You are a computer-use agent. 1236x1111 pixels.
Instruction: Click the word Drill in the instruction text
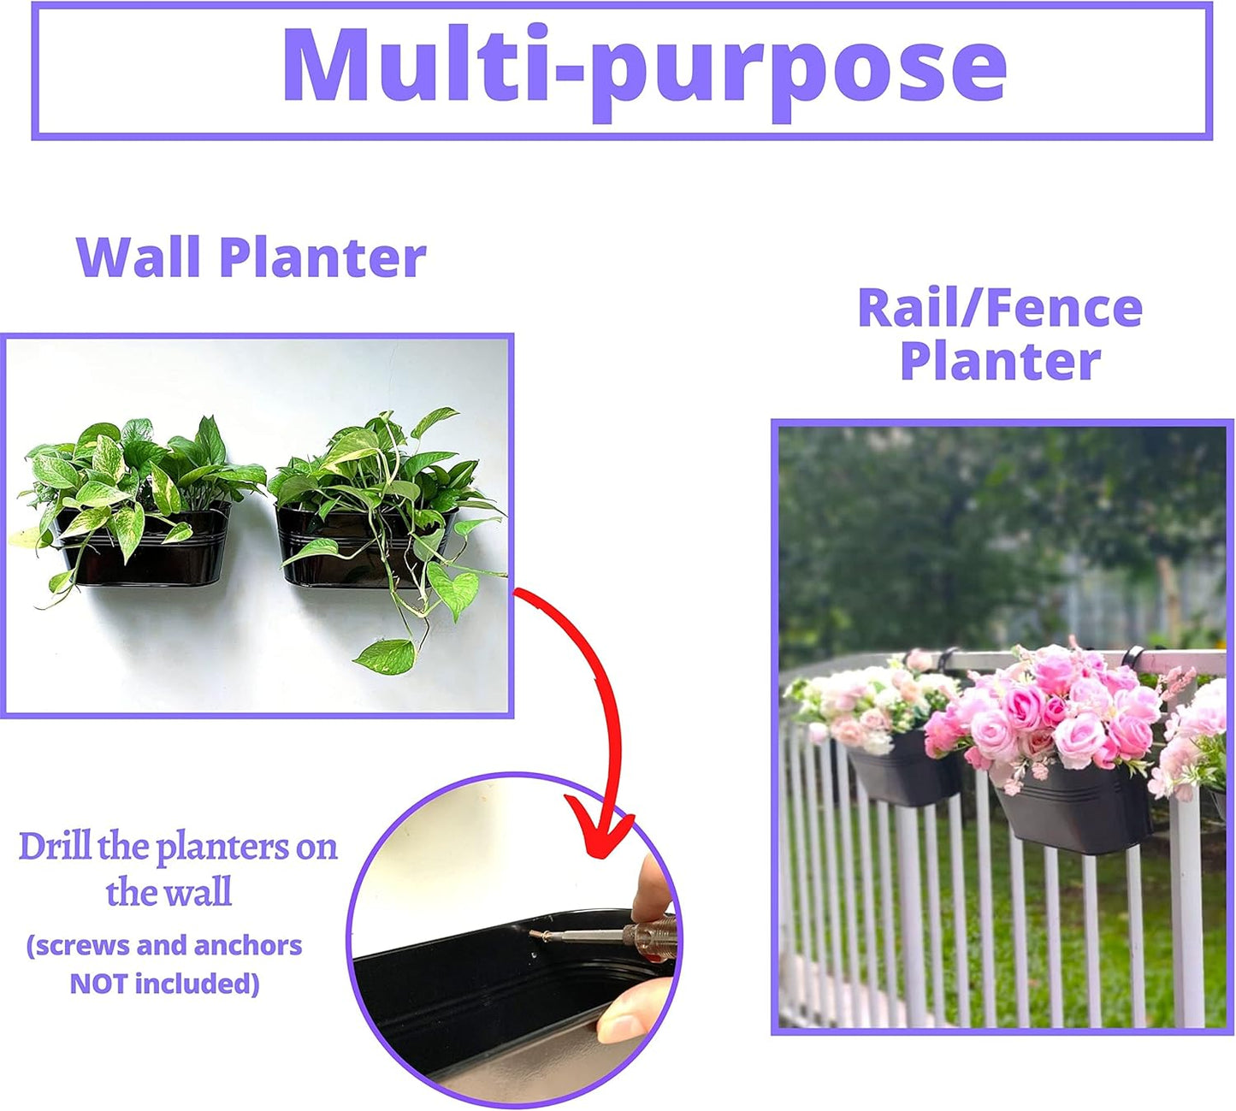55,847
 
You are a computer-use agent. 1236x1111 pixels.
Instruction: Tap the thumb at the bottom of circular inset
633,1009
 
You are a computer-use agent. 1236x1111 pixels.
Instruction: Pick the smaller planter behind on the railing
902,774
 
